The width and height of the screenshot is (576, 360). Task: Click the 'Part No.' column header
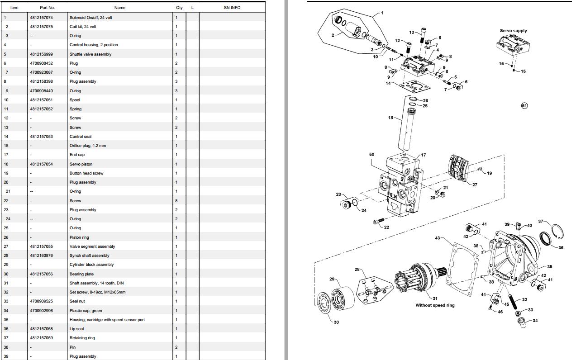point(47,8)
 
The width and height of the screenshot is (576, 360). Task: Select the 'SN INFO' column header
point(232,8)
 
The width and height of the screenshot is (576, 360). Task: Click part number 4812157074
point(42,18)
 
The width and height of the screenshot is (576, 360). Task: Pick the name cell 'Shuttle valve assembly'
point(90,54)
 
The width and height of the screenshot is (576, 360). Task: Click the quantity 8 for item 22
point(176,201)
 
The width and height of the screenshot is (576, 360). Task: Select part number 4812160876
point(42,256)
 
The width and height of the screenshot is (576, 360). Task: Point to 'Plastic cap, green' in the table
point(86,311)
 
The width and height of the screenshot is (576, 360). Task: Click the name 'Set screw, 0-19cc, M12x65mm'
point(98,292)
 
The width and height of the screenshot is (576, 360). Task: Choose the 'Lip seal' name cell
point(76,329)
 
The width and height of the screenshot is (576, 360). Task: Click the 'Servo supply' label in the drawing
point(513,31)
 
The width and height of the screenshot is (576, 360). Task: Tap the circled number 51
point(524,106)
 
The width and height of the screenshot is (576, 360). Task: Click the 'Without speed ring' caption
point(435,305)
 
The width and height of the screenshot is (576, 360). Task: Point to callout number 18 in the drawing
point(390,118)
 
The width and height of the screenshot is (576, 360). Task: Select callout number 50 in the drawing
point(371,155)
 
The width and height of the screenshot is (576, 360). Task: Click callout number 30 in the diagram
point(336,322)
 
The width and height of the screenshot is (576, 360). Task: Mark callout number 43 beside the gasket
point(438,238)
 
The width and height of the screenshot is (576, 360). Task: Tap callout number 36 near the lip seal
point(561,247)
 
